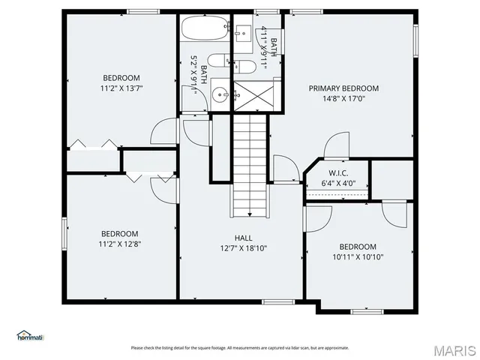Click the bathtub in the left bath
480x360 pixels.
coord(205,30)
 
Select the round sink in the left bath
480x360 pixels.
coord(218,94)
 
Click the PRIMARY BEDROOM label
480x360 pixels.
coord(343,88)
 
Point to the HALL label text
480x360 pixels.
coord(243,238)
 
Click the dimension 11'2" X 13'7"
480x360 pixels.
coord(121,88)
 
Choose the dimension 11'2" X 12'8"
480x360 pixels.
coord(120,243)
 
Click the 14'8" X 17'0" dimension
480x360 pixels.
coord(343,97)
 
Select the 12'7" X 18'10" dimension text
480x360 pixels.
coord(243,247)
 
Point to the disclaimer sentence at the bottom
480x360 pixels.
coord(240,347)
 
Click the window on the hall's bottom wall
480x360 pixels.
coord(277,301)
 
